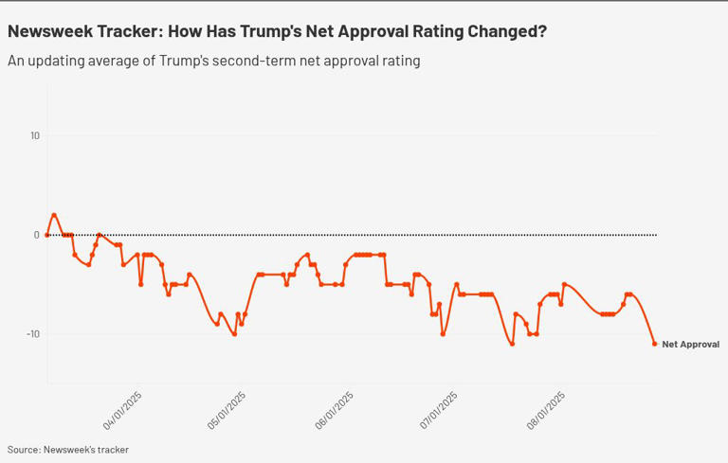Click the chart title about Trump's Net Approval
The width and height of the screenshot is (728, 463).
coord(277,31)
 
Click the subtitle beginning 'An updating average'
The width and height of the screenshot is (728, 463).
coord(213,61)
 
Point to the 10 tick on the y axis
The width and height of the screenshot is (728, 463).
coord(34,135)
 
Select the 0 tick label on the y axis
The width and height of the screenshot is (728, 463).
coord(37,235)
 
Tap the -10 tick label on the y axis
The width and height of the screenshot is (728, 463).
coord(32,334)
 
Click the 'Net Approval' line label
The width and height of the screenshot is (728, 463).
coord(690,345)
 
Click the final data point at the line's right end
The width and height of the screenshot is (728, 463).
coord(655,344)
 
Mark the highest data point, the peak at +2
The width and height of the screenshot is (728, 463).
coord(54,215)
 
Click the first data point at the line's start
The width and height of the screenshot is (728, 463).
coord(47,235)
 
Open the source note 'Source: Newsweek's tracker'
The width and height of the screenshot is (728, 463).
coord(68,450)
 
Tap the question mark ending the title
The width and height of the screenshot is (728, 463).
coord(541,31)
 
